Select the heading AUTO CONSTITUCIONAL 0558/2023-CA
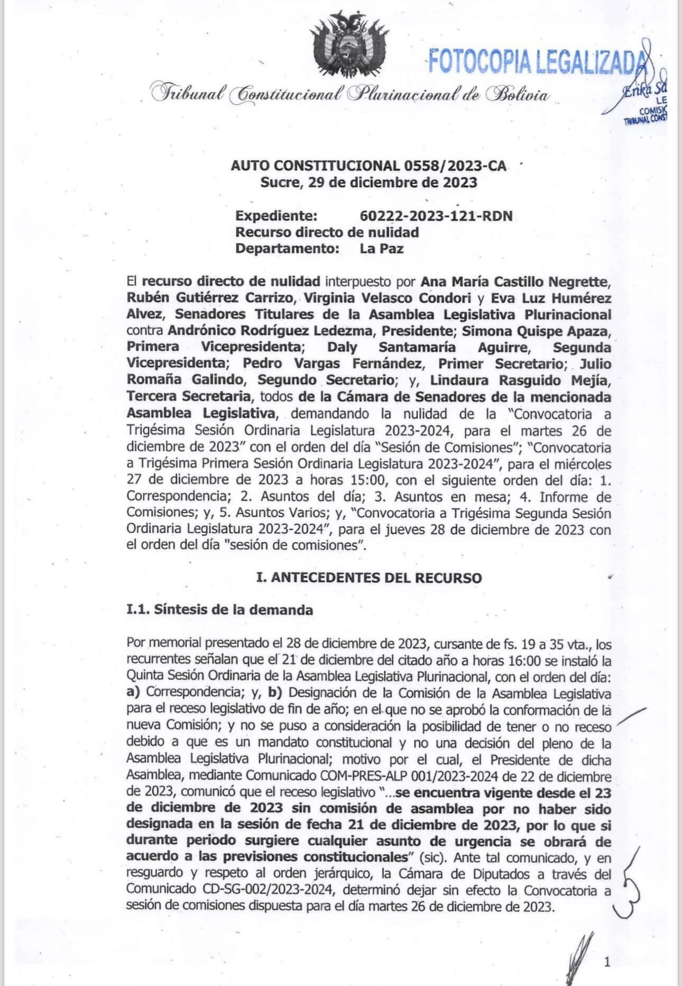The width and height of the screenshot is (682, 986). point(368,166)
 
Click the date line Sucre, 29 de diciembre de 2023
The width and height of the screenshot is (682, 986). point(368,183)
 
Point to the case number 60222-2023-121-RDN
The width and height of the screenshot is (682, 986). point(436,216)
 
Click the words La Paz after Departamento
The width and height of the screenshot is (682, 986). point(382,248)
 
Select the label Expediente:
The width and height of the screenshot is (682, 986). point(277,216)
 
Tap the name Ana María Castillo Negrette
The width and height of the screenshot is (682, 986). point(516,281)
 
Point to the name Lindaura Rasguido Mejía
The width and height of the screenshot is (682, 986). point(521,380)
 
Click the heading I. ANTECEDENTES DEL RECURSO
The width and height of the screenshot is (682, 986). point(368,578)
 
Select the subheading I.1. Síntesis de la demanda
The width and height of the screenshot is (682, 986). point(219,610)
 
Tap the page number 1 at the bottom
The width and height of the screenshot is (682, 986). point(607,962)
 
